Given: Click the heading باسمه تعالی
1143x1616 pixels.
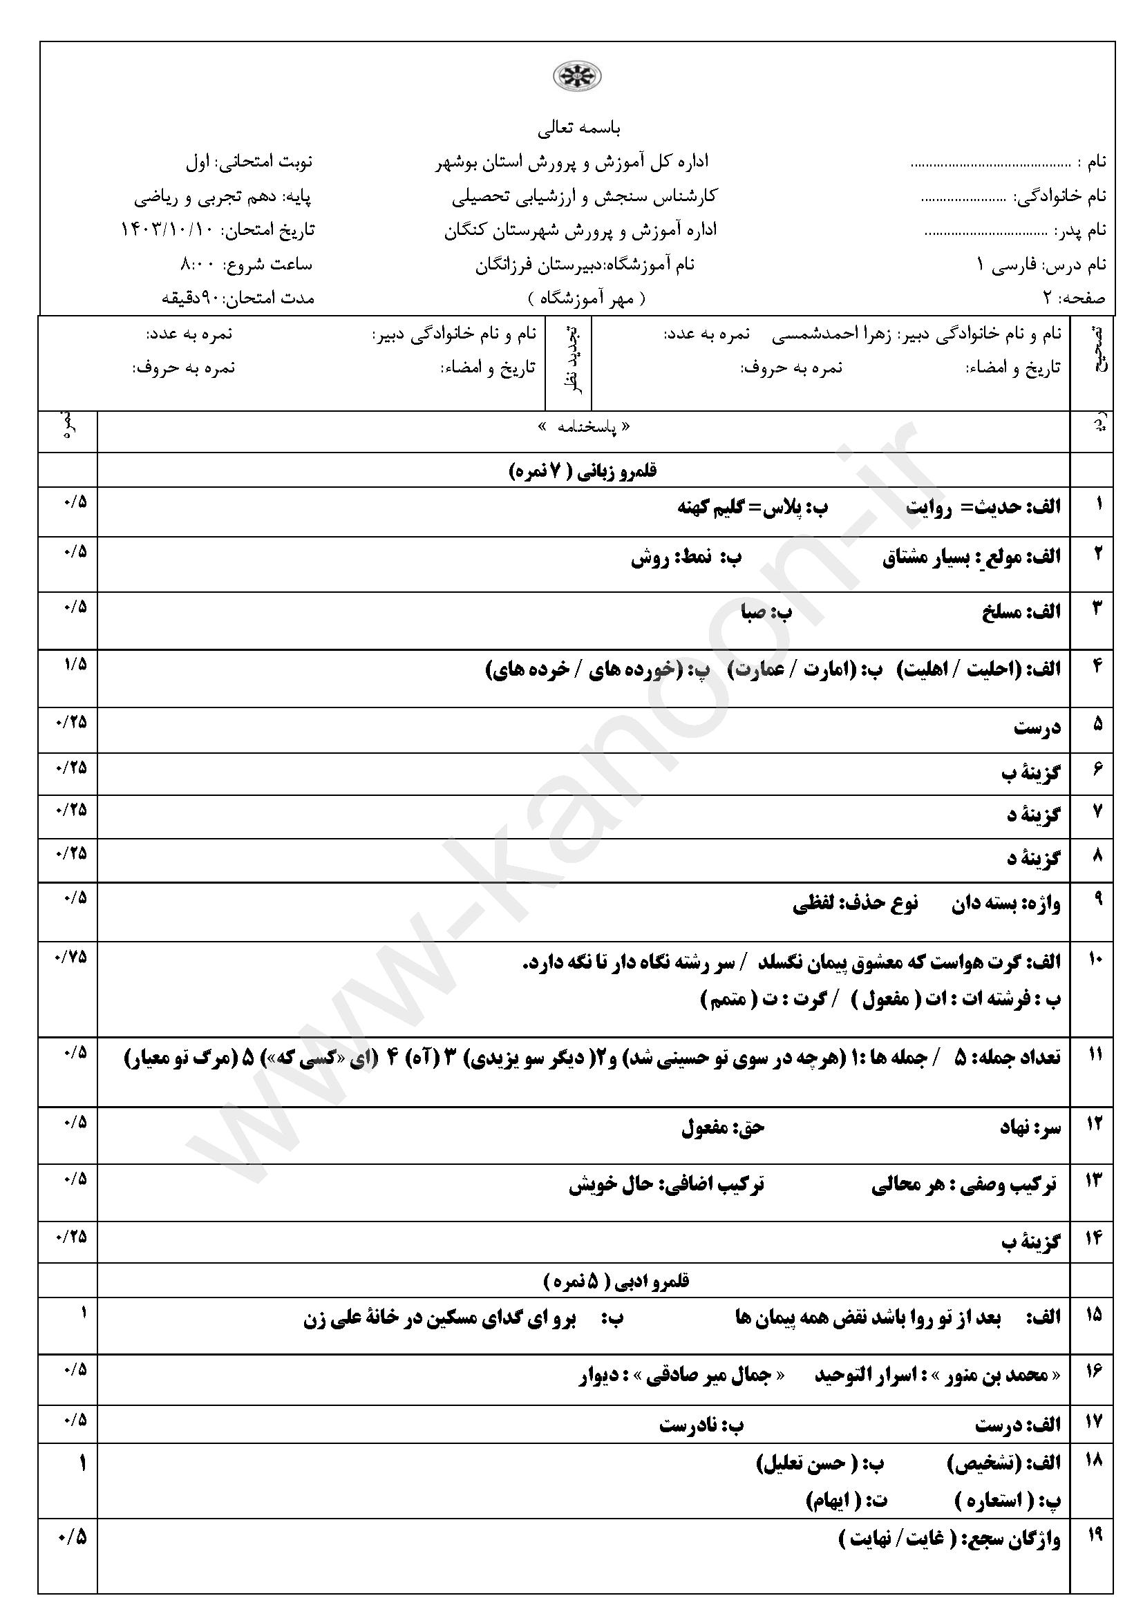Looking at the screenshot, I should (578, 129).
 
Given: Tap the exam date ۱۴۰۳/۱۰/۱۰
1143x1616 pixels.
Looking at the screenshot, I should (168, 230).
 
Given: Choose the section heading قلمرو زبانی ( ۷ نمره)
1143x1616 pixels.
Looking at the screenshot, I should (583, 471).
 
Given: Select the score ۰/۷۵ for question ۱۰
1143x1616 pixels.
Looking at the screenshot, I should (71, 956).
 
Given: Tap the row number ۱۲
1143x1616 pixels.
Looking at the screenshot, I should (1095, 1124).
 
